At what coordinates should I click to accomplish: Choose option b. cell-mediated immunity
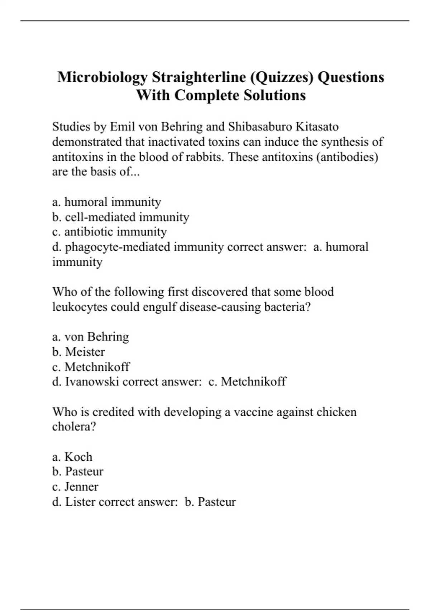point(120,217)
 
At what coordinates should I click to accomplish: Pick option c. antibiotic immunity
point(109,232)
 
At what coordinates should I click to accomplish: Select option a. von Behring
point(90,337)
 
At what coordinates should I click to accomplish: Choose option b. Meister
point(78,352)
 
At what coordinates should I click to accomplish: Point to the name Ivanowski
point(92,381)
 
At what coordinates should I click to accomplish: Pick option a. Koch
point(72,457)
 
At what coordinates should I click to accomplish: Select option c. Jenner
point(75,487)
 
